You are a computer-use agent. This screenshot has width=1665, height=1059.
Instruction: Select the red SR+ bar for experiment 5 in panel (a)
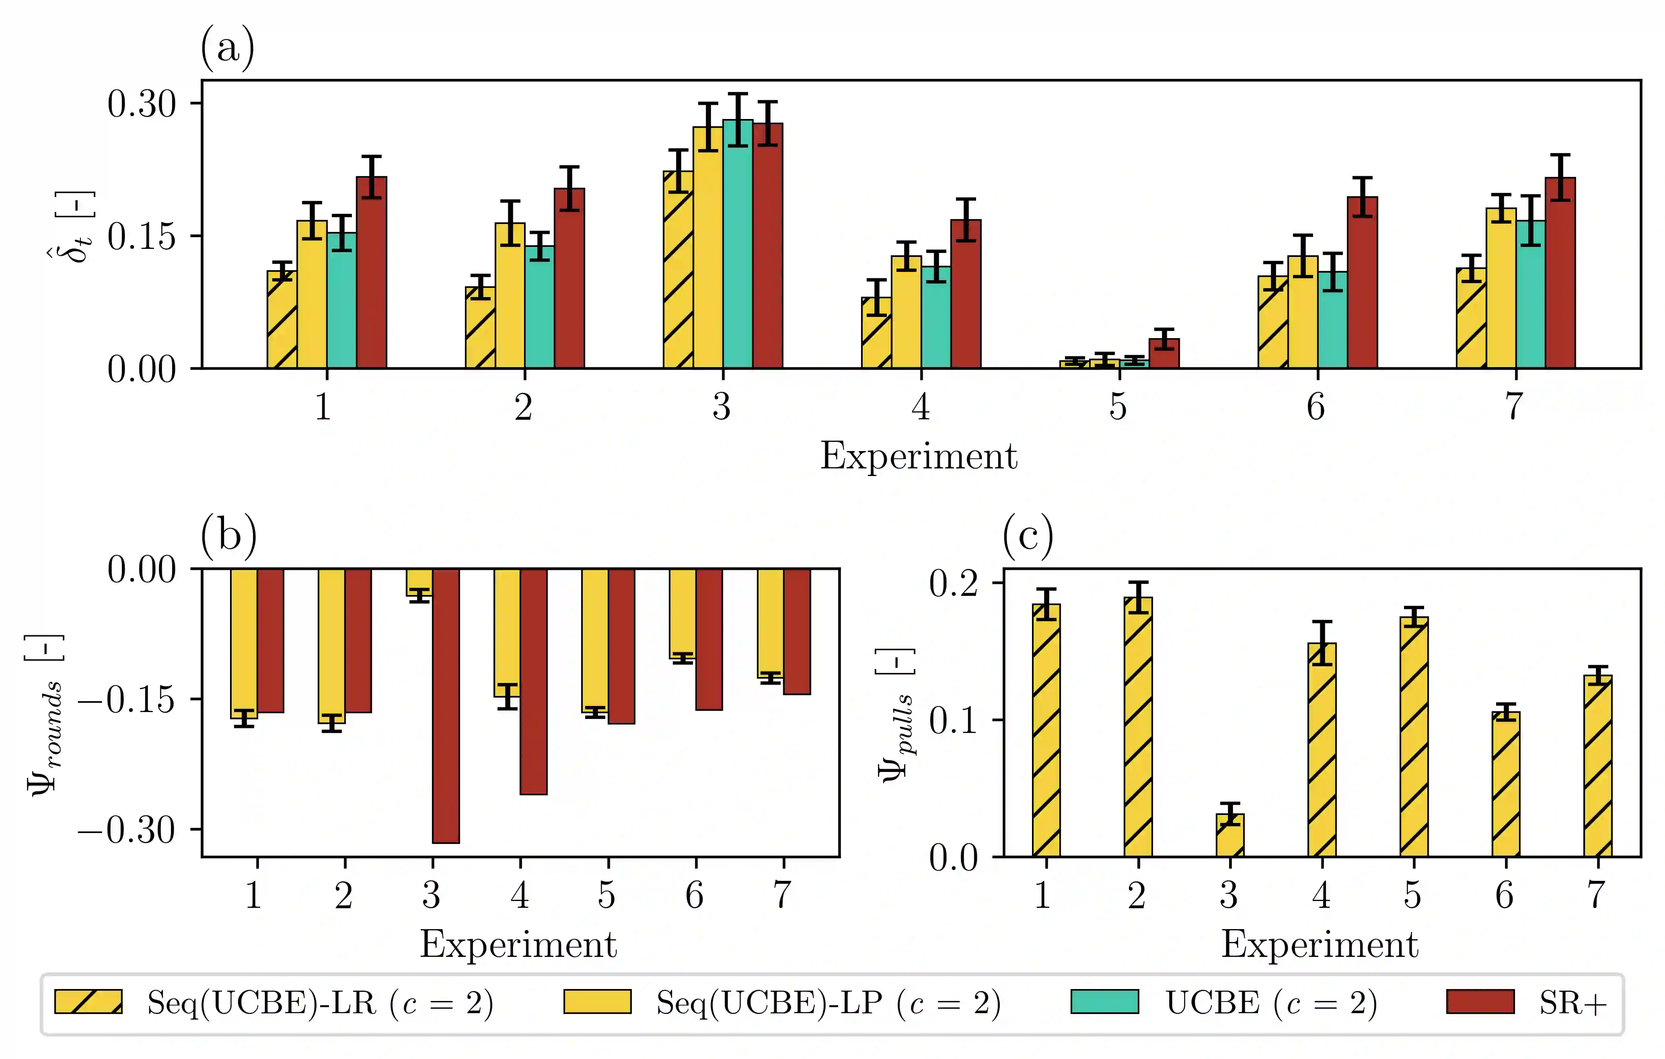[1164, 353]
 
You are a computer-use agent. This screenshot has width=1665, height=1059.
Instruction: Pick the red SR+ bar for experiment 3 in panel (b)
[446, 706]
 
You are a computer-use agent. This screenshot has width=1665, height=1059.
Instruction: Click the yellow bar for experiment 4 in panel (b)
[507, 632]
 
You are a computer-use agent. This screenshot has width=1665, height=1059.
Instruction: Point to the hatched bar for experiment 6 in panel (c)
[1506, 784]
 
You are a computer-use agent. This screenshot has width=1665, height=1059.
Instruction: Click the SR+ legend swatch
[1480, 1002]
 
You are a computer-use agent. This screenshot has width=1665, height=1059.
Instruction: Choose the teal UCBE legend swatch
[1104, 1002]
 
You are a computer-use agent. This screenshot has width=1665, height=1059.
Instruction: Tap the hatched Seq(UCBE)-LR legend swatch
[88, 1002]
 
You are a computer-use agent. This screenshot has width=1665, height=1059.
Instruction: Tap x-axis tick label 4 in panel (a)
[920, 406]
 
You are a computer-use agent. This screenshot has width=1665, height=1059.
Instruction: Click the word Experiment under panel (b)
[518, 944]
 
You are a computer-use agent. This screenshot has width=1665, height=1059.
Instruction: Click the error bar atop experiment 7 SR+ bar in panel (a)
[1560, 178]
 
